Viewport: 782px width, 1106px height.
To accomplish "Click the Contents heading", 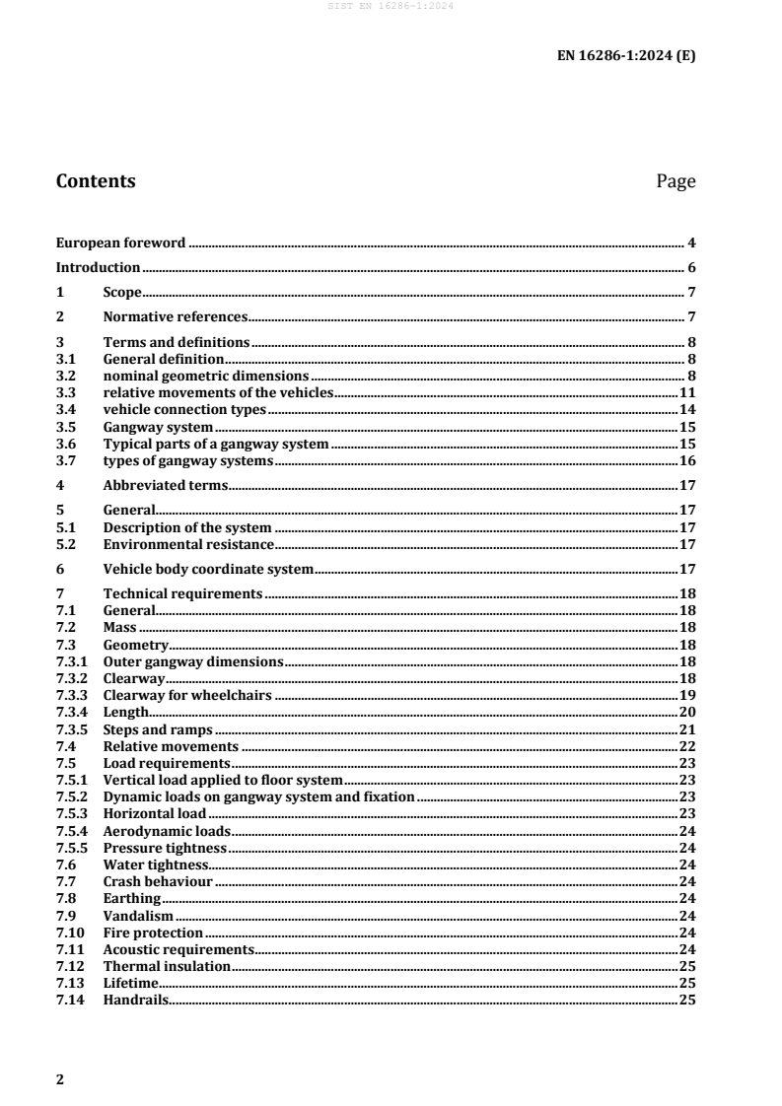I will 96,181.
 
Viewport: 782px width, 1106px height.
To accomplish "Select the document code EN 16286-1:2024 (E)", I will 627,56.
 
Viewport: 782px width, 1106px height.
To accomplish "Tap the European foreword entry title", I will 120,242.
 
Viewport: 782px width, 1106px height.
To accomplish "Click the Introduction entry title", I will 98,267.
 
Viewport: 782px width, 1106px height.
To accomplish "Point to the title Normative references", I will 175,317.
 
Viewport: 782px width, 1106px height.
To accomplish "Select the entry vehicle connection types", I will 184,409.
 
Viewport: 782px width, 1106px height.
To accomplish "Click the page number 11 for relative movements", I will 687,392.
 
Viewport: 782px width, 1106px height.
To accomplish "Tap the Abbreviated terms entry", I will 165,485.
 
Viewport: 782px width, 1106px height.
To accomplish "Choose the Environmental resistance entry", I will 188,544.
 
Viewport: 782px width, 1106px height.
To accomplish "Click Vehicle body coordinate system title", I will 208,569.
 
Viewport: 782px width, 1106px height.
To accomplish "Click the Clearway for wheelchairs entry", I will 187,695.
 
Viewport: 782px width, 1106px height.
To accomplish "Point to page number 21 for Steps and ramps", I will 687,729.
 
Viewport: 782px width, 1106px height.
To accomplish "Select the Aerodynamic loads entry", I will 167,831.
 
